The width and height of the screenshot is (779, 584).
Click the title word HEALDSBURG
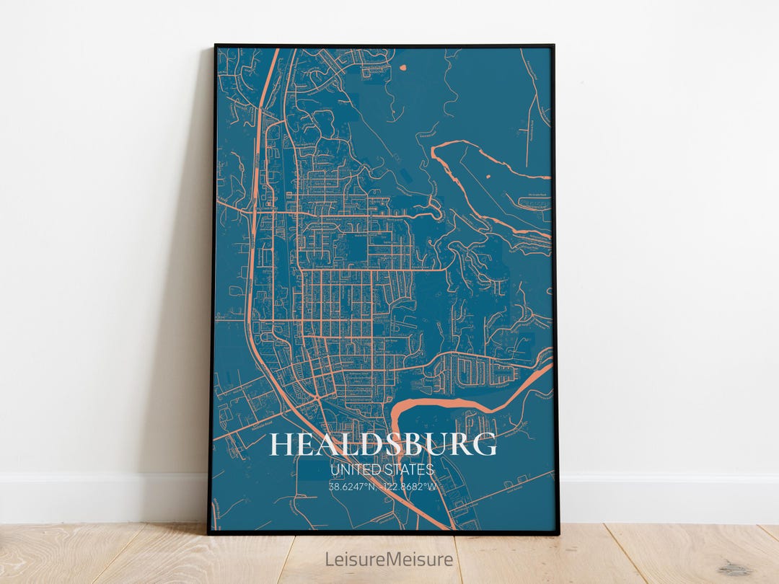[x=383, y=445]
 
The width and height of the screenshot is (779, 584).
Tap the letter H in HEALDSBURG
[x=282, y=445]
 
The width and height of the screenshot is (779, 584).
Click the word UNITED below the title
[x=351, y=470]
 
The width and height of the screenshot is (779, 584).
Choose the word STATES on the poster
[x=408, y=470]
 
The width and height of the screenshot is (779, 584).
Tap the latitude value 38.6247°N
[x=353, y=487]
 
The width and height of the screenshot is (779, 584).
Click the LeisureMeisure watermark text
[x=389, y=559]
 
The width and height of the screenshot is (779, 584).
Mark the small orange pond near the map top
[x=402, y=69]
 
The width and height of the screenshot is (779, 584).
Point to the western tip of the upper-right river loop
[x=433, y=151]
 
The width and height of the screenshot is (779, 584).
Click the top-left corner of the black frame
[x=216, y=46]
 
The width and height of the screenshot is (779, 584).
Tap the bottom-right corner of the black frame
[x=558, y=533]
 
